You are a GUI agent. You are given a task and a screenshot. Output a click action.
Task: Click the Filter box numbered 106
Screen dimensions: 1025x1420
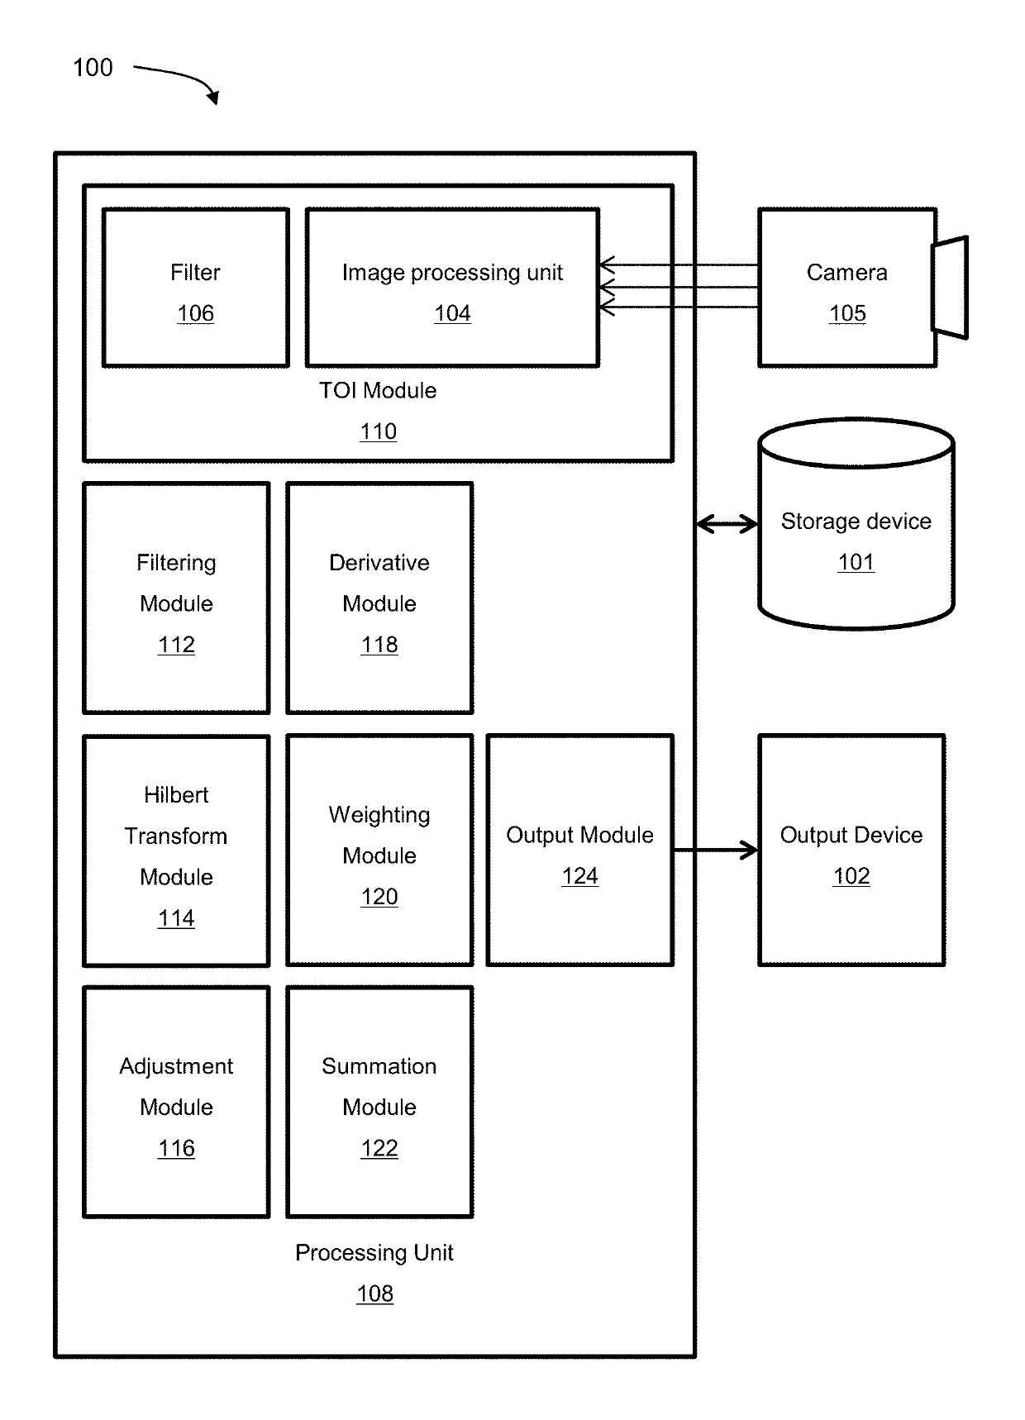(x=196, y=288)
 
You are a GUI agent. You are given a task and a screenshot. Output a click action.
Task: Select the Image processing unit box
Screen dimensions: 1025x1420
(x=453, y=288)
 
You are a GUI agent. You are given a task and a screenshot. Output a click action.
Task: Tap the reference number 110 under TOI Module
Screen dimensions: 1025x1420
(x=379, y=431)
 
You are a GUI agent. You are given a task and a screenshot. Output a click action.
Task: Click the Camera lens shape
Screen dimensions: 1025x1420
(x=951, y=288)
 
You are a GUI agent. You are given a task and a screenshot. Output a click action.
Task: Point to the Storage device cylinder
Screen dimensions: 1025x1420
(x=856, y=524)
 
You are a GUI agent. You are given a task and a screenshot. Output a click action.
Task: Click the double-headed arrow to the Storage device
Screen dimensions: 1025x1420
(x=727, y=524)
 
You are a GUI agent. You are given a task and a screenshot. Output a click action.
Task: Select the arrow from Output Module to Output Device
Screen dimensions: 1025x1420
(x=716, y=850)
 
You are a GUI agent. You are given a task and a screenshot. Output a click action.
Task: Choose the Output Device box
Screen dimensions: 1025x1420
(x=851, y=850)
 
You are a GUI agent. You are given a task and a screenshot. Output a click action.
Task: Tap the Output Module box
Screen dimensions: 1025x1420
(x=580, y=850)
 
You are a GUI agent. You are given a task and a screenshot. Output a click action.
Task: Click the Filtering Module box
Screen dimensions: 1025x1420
(x=177, y=598)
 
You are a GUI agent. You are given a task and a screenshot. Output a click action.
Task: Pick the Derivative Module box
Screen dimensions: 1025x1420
(x=379, y=598)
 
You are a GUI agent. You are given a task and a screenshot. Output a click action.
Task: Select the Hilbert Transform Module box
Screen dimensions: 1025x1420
(x=177, y=850)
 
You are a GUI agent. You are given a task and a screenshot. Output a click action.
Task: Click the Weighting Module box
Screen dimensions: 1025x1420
(x=379, y=850)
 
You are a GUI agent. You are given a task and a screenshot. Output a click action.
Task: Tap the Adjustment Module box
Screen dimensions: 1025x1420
(x=177, y=1102)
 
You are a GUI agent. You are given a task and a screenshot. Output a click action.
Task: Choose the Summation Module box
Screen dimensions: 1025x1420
(x=379, y=1102)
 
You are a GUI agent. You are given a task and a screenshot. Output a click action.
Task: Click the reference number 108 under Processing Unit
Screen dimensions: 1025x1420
(x=375, y=1294)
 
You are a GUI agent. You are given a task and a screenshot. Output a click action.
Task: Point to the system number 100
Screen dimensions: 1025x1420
(x=93, y=68)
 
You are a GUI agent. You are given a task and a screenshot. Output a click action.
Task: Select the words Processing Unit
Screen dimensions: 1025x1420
(x=374, y=1253)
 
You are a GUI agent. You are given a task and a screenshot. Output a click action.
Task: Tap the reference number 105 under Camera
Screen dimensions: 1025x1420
(x=847, y=313)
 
